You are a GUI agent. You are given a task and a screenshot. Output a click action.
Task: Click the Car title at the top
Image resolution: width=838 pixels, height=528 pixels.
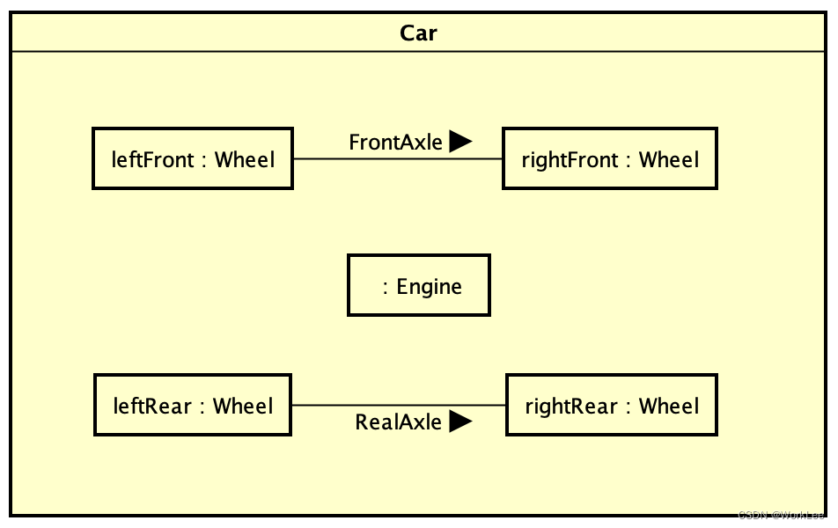pyautogui.click(x=418, y=33)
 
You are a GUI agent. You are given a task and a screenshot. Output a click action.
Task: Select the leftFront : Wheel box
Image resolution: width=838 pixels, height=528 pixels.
pyautogui.click(x=192, y=158)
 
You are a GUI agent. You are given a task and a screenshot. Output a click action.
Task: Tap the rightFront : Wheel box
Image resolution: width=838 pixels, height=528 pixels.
pyautogui.click(x=609, y=158)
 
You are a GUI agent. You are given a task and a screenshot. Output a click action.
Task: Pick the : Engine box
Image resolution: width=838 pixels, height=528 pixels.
pyautogui.click(x=418, y=285)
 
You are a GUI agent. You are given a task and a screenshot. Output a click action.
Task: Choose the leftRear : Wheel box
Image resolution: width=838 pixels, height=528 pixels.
pyautogui.click(x=192, y=405)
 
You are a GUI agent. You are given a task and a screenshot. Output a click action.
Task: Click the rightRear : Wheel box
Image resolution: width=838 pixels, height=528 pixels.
pyautogui.click(x=611, y=405)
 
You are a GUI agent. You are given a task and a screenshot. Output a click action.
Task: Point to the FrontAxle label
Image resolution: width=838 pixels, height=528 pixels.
pyautogui.click(x=395, y=143)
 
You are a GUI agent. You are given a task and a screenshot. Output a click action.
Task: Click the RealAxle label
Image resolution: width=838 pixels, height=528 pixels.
pyautogui.click(x=398, y=422)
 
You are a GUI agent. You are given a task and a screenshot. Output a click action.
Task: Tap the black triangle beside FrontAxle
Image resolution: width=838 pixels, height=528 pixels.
pyautogui.click(x=460, y=141)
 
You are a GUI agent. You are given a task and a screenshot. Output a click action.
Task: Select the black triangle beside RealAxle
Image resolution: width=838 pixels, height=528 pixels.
pyautogui.click(x=460, y=422)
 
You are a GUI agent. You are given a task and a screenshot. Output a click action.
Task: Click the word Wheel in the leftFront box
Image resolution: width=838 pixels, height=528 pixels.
pyautogui.click(x=245, y=159)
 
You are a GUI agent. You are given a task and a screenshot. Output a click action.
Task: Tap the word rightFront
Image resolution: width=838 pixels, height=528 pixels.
pyautogui.click(x=570, y=160)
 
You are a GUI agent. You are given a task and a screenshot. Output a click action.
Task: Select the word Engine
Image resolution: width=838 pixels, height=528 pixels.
pyautogui.click(x=429, y=287)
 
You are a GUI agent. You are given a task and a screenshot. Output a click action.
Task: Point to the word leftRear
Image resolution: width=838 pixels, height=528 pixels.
pyautogui.click(x=152, y=406)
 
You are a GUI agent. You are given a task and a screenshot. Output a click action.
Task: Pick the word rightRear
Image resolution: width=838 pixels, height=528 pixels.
pyautogui.click(x=571, y=407)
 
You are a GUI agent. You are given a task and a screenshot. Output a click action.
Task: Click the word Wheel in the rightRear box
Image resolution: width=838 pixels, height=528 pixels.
pyautogui.click(x=669, y=406)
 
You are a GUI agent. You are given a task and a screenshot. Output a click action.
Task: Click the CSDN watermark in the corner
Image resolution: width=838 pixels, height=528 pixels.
pyautogui.click(x=781, y=516)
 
